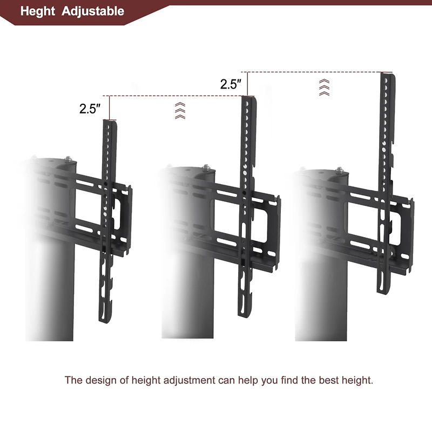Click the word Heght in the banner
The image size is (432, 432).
click(38, 11)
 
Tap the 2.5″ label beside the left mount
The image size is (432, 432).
click(90, 109)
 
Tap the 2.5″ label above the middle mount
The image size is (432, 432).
click(231, 84)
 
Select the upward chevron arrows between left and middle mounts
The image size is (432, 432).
click(179, 110)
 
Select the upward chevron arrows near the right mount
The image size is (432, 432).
click(323, 87)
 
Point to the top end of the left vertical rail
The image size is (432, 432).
click(110, 123)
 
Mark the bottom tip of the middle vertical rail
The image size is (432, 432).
click(244, 315)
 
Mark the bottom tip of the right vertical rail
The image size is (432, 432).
click(382, 292)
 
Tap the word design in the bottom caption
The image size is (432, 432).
click(100, 380)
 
